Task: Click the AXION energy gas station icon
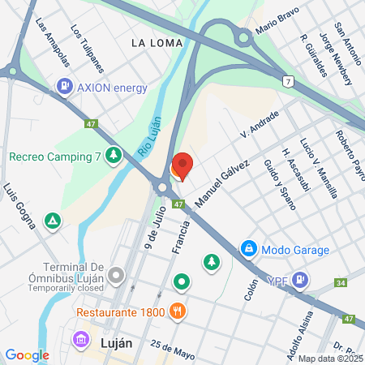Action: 64,86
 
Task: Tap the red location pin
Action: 182,166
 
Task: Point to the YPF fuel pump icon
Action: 300,280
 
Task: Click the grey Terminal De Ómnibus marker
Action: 117,275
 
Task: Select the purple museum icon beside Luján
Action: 80,339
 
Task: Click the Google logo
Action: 27,354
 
